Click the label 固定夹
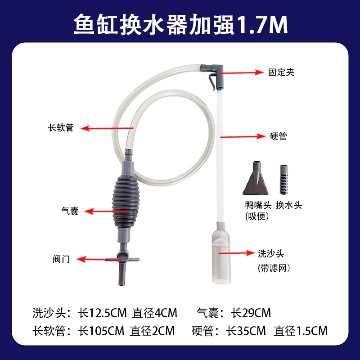pos(281,72)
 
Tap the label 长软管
pos(61,128)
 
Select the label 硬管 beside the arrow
pos(279,136)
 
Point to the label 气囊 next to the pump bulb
pos(70,211)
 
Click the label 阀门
pos(61,259)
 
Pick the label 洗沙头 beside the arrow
pos(271,253)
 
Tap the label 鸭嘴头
pos(258,205)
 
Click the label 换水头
pos(289,205)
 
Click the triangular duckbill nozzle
pos(256,181)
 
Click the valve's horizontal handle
pos(122,260)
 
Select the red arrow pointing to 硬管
pos(243,137)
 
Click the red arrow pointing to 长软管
pos(107,128)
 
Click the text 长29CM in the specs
pos(251,313)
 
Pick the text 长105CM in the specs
pos(101,331)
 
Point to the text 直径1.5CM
pos(301,331)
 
